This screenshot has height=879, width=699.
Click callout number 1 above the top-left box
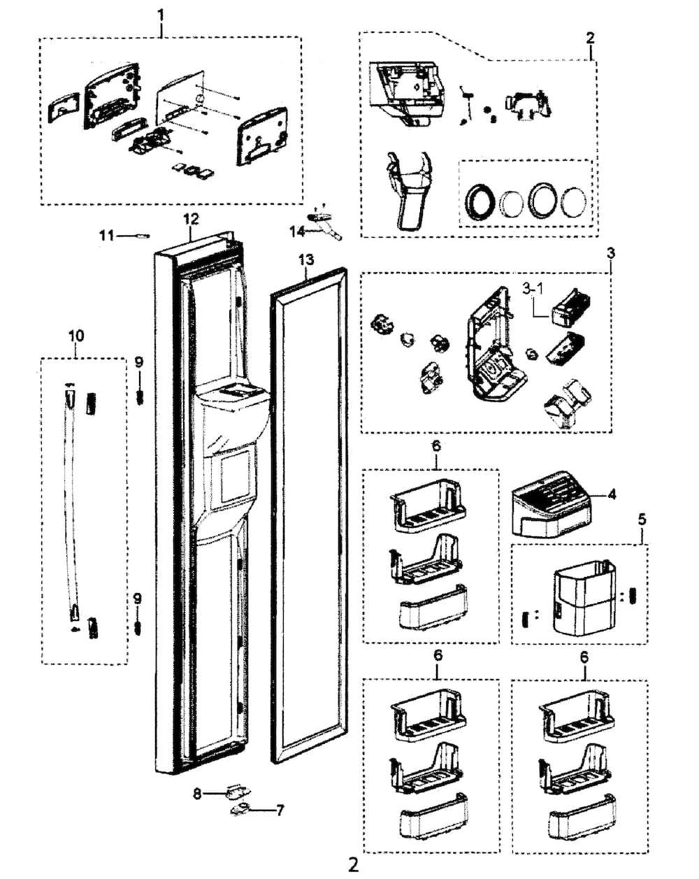click(161, 13)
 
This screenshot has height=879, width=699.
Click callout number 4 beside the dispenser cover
click(612, 494)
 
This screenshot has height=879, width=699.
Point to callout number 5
click(642, 520)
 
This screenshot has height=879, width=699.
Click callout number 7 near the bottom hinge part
click(280, 811)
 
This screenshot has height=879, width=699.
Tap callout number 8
click(197, 794)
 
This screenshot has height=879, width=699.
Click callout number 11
click(106, 236)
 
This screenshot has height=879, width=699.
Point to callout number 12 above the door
click(192, 219)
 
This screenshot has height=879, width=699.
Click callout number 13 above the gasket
click(306, 260)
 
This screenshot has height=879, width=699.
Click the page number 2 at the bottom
click(353, 865)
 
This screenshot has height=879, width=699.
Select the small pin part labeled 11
click(142, 236)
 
